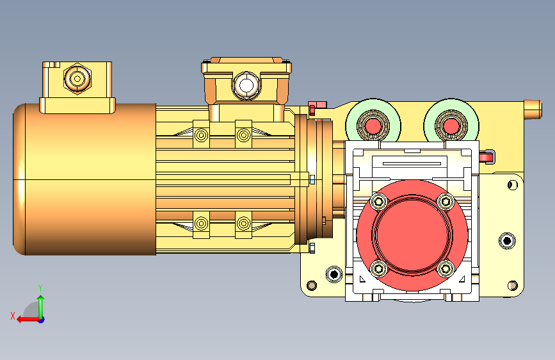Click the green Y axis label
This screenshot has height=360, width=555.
click(x=40, y=288)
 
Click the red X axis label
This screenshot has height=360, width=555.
click(x=13, y=316)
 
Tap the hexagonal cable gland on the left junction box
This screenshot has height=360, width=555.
click(x=77, y=78)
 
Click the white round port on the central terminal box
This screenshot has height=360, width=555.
click(x=246, y=85)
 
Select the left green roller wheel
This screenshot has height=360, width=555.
click(x=373, y=126)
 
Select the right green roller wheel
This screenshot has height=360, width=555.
click(x=451, y=126)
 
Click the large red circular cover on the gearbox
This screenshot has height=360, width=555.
click(x=412, y=235)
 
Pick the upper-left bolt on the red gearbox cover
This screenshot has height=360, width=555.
click(x=379, y=202)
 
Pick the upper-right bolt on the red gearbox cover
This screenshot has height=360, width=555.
click(x=446, y=202)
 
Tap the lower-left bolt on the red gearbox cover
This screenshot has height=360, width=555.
click(x=379, y=268)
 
